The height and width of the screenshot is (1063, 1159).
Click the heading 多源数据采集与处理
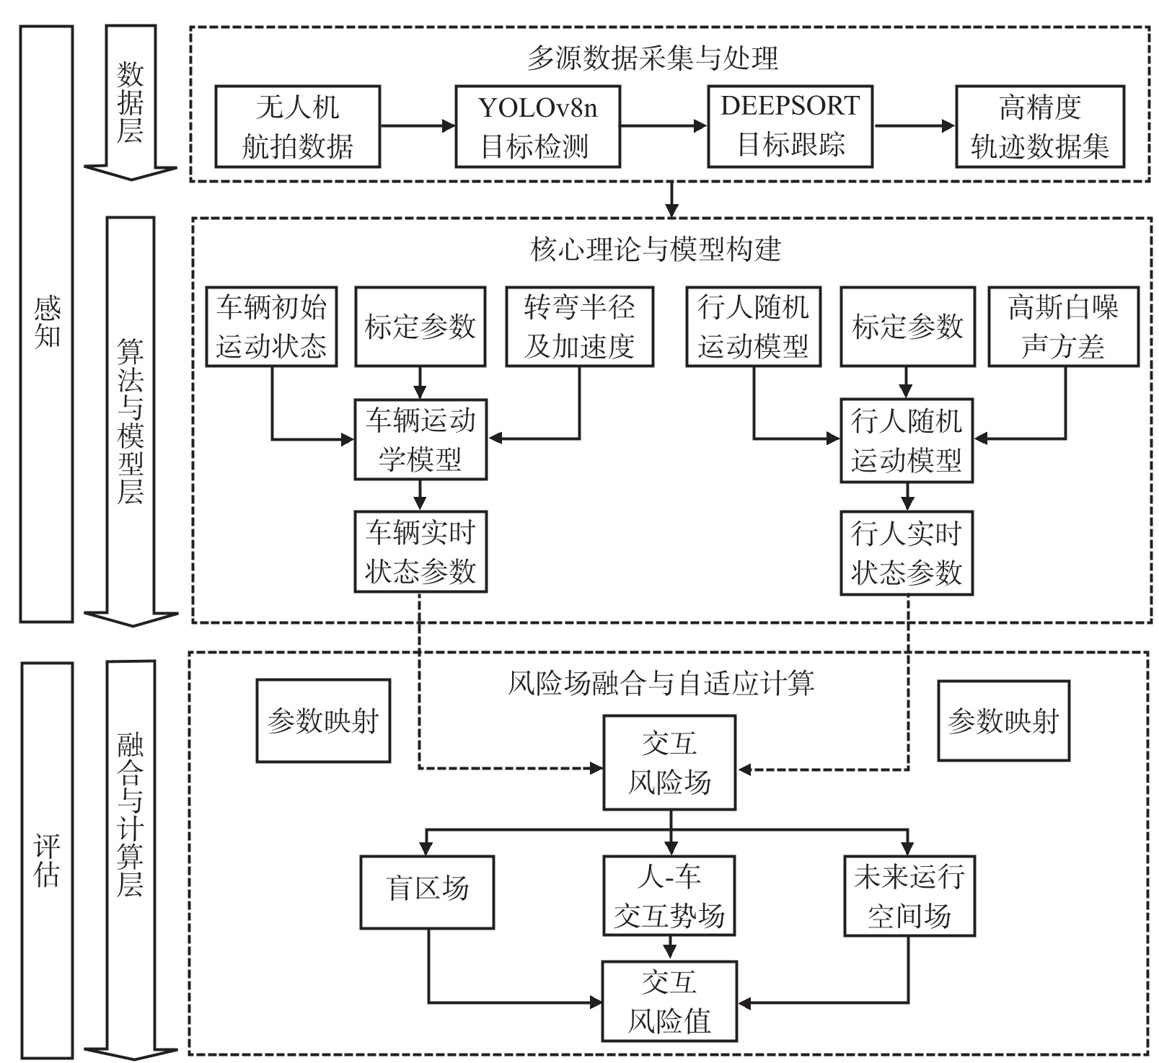click(653, 58)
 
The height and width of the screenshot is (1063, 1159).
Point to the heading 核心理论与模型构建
click(656, 250)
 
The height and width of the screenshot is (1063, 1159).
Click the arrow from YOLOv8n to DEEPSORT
click(664, 126)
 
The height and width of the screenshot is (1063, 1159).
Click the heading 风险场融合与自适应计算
click(661, 682)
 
